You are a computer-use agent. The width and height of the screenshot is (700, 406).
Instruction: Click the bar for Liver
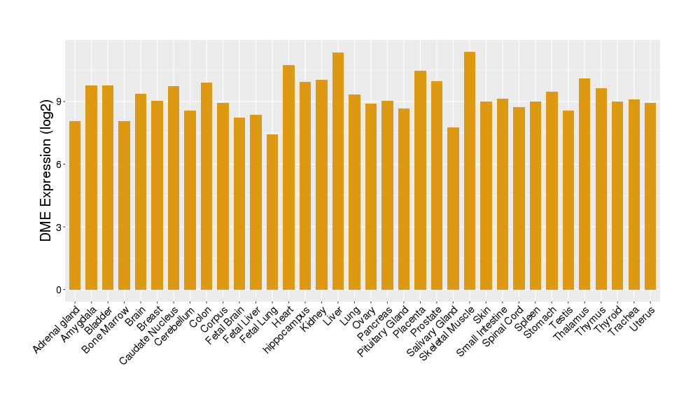[338, 171]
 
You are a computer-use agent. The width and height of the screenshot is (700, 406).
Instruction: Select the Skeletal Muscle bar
[470, 171]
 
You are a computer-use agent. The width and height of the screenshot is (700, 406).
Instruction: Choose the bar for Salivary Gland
[453, 208]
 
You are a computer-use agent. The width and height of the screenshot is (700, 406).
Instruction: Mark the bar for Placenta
[420, 180]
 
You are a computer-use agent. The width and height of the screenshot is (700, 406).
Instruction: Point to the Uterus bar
[650, 196]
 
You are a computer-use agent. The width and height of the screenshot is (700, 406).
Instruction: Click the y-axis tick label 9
[59, 101]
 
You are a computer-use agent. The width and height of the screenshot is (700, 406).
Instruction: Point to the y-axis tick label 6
[59, 164]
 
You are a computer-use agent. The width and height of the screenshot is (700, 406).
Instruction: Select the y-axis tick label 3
[59, 227]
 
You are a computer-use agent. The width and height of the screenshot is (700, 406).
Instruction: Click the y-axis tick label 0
[59, 290]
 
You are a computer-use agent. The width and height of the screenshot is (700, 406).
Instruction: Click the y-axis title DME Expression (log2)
[46, 165]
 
